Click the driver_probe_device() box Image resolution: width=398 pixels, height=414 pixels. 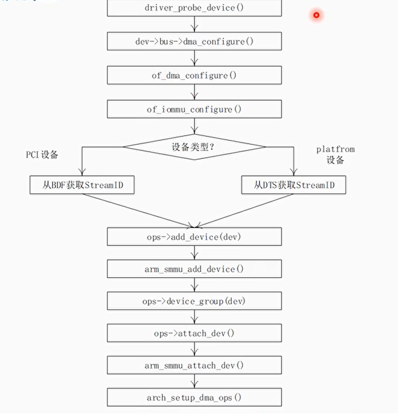point(194,8)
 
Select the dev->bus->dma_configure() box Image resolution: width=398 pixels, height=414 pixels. point(194,41)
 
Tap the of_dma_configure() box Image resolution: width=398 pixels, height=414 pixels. point(194,75)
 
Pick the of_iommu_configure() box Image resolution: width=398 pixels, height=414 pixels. point(194,109)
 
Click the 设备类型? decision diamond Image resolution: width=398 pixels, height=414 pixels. point(194,146)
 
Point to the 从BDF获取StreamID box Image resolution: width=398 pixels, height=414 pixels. point(82,184)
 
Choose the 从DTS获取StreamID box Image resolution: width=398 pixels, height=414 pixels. point(293,184)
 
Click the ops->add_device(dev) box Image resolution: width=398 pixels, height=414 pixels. point(194,237)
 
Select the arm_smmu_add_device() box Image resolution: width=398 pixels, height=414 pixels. point(194,269)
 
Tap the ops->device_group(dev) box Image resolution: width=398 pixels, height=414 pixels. point(194,301)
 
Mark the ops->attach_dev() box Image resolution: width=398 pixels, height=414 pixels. point(194,333)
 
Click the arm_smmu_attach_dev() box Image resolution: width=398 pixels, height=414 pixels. point(194,365)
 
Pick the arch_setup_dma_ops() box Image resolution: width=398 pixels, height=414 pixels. point(194,398)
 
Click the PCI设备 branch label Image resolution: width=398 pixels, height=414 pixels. point(42,154)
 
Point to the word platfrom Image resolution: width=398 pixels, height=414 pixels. point(335,149)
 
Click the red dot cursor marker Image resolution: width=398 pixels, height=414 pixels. point(317,15)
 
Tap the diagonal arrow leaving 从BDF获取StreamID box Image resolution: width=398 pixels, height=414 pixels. point(136,209)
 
